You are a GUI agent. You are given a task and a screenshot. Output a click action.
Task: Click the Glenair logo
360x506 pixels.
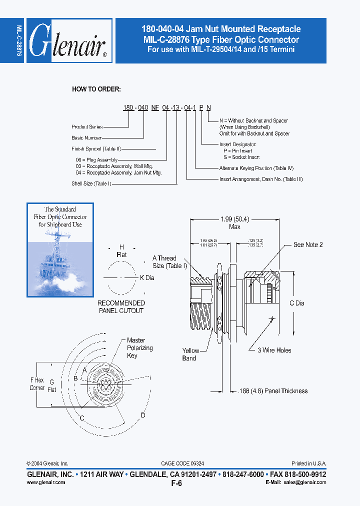click(x=68, y=41)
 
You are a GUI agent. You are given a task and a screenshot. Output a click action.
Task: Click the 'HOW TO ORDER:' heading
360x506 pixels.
click(x=96, y=89)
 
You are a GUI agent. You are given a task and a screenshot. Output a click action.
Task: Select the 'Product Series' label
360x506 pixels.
click(x=87, y=127)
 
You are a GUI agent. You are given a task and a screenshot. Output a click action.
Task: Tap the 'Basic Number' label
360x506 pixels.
click(x=86, y=137)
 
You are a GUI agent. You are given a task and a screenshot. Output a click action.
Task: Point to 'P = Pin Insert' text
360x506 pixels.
click(x=238, y=150)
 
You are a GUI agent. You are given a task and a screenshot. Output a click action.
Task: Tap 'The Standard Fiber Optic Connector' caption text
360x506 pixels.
click(x=60, y=217)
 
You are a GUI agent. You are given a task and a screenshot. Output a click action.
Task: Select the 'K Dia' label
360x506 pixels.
click(x=147, y=277)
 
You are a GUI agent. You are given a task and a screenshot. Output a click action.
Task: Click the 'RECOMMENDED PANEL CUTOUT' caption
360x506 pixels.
click(x=121, y=307)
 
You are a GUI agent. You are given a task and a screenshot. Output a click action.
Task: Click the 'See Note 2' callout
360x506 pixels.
click(x=308, y=244)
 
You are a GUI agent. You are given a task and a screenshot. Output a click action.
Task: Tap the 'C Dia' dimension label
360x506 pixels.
click(x=296, y=303)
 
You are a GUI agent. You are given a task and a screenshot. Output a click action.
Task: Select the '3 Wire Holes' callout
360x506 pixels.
click(x=274, y=350)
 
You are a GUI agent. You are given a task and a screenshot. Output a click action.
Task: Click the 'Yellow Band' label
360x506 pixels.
click(x=190, y=354)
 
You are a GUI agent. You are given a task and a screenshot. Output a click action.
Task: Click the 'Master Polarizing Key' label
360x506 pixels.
click(x=139, y=348)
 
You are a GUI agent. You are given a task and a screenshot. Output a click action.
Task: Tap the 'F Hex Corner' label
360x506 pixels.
click(x=37, y=384)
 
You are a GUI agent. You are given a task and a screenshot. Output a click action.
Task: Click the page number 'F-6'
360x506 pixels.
click(x=176, y=483)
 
